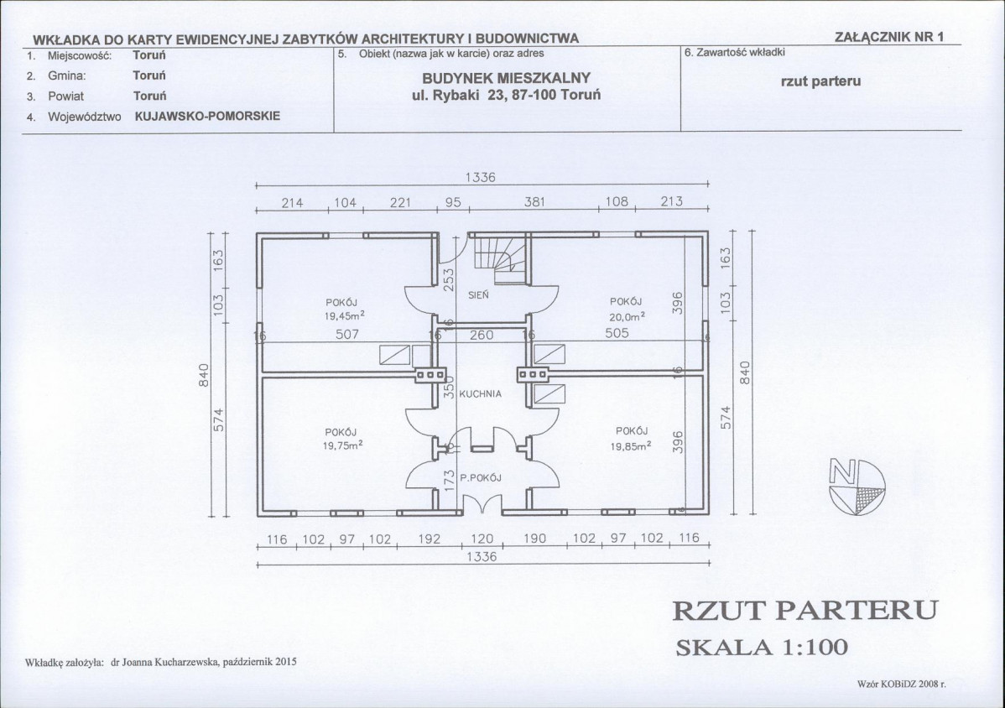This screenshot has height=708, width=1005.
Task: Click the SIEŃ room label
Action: click(x=478, y=295)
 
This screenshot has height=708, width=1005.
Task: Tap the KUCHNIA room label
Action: click(x=480, y=394)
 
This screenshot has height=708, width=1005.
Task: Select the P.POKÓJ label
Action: click(x=480, y=477)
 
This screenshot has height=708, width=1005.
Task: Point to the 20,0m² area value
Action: click(x=626, y=316)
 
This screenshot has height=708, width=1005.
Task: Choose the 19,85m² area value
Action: click(x=631, y=446)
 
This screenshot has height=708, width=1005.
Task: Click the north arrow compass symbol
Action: click(x=857, y=486)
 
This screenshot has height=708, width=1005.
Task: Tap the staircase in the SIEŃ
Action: click(x=501, y=260)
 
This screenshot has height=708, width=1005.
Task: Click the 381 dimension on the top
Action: click(x=534, y=202)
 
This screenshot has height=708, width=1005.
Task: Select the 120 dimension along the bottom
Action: click(x=482, y=539)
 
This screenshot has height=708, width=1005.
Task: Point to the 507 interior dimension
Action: click(x=347, y=334)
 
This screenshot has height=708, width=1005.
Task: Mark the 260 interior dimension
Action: click(x=482, y=335)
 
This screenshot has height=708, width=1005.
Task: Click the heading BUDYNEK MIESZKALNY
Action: click(x=507, y=78)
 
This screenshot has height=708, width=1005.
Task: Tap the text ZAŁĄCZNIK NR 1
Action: click(x=889, y=37)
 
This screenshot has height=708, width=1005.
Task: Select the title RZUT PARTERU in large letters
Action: click(x=805, y=611)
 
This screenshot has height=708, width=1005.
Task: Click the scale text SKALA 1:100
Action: click(x=762, y=647)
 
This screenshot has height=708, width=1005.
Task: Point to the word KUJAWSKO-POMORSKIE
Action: click(x=208, y=117)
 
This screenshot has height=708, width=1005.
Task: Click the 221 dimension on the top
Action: click(x=401, y=202)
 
